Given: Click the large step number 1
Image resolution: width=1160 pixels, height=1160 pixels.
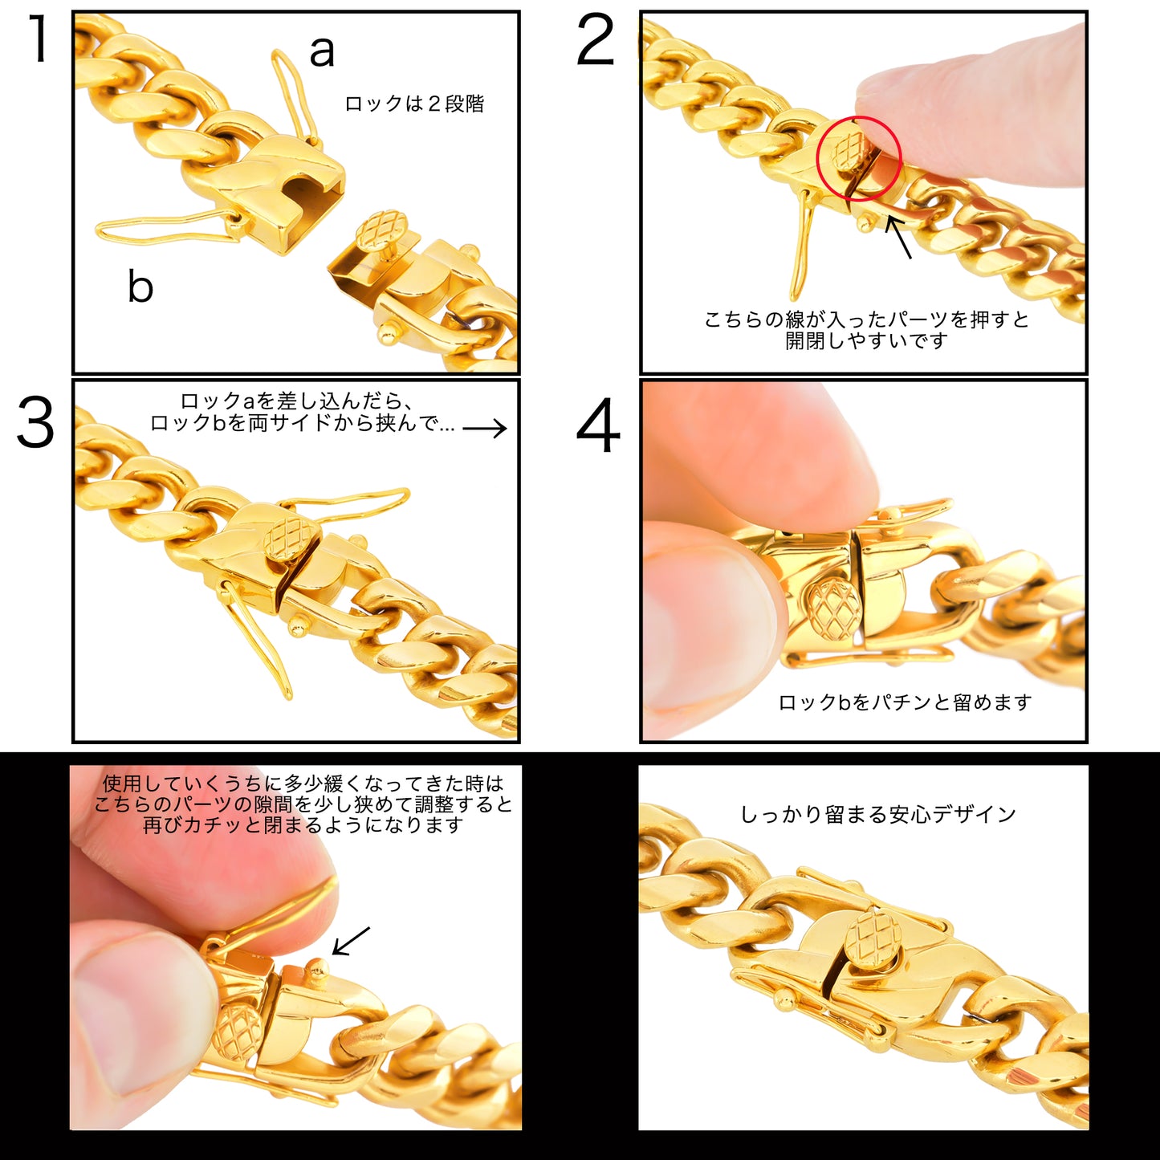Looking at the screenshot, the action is (39, 39).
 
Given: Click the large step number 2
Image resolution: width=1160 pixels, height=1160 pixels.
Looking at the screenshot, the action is (596, 39).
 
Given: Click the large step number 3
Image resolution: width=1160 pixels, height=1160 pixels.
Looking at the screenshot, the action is (35, 422).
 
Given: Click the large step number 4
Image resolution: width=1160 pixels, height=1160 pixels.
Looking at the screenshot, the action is (598, 425).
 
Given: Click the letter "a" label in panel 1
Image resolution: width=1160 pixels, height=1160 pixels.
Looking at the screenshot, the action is (322, 51).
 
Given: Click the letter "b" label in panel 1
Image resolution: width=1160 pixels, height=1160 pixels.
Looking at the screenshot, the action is (140, 285).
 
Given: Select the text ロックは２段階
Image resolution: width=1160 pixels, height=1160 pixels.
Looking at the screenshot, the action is (415, 104).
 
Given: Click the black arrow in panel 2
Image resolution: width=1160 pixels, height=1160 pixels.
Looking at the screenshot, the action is (898, 237).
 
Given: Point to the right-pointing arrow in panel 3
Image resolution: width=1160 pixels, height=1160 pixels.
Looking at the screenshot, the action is (485, 428).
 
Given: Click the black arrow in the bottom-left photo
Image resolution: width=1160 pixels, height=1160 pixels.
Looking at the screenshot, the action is (351, 941).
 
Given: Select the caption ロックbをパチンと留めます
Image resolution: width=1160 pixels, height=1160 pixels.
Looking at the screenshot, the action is (905, 702).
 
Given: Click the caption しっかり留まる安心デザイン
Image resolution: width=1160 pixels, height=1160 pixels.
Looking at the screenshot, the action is (878, 815).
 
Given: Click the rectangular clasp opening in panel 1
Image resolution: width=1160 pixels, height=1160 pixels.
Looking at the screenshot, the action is (307, 201).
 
